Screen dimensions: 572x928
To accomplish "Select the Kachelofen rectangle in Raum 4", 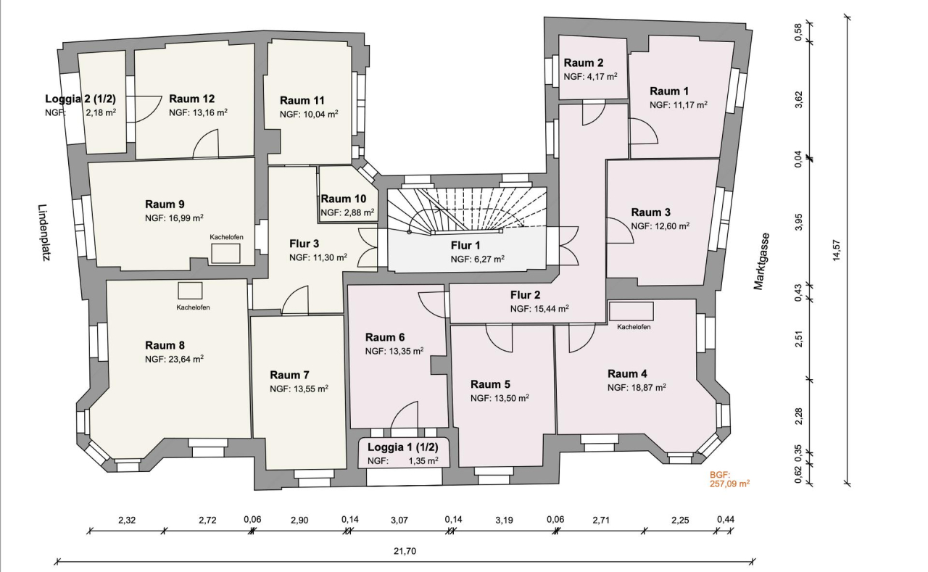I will click(631, 311).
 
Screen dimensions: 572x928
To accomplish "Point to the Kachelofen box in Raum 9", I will click(225, 252).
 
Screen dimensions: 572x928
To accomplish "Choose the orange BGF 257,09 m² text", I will click(729, 479).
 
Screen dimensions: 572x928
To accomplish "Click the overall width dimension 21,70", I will click(405, 551).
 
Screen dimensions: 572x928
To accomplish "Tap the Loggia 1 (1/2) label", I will click(402, 447).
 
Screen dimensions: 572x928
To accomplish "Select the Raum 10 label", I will click(344, 199).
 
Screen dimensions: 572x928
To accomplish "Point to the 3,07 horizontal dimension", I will click(400, 521).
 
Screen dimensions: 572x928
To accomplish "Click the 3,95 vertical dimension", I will click(798, 222).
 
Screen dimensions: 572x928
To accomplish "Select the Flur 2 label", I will click(525, 295).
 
